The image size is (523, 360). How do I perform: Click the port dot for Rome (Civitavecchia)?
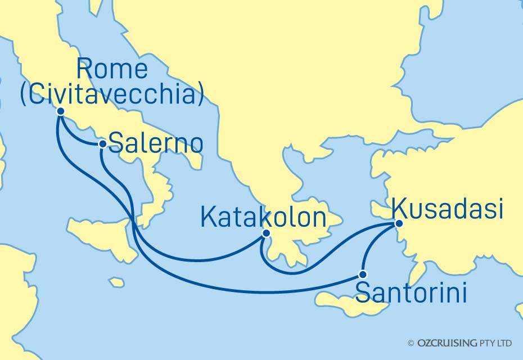click(61, 111)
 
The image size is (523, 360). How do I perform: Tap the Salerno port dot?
click(102, 144)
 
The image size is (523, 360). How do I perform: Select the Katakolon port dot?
click(266, 233)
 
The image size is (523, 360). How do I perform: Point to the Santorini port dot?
click(363, 275)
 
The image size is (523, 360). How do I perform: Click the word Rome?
click(112, 70)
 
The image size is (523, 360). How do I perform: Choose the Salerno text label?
click(155, 143)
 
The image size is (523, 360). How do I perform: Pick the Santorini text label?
click(412, 293)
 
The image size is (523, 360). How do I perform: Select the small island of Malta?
click(117, 281)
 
